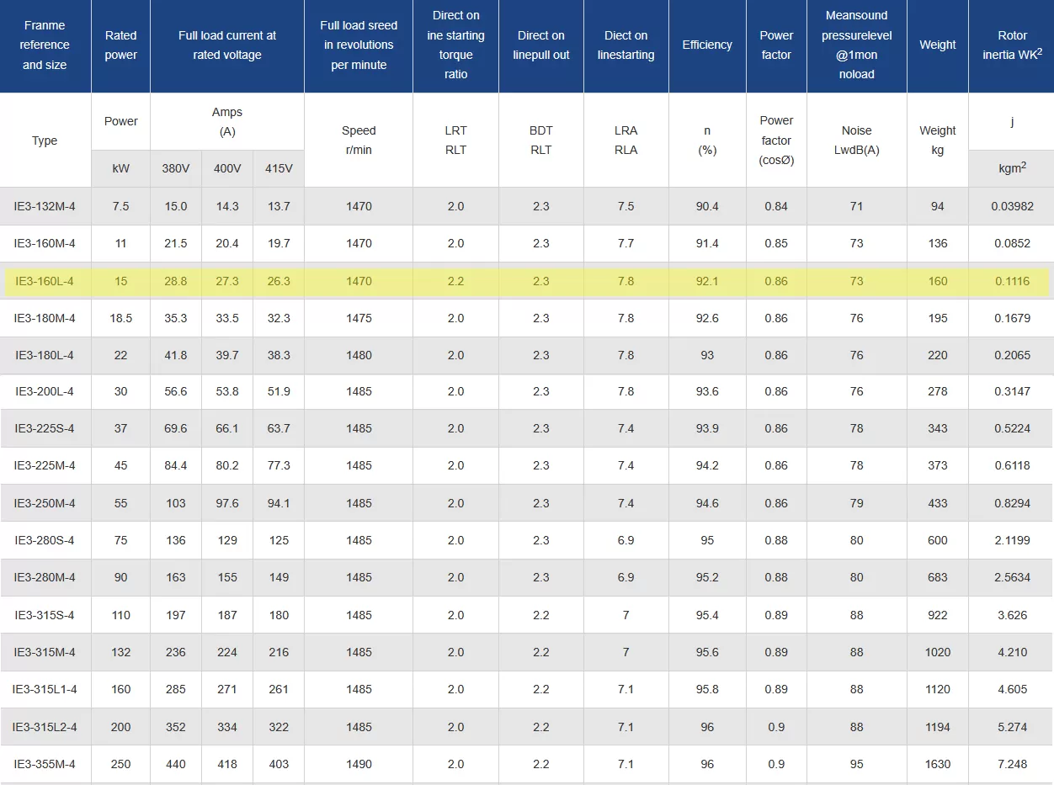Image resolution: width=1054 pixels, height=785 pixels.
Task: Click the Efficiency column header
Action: click(x=707, y=45)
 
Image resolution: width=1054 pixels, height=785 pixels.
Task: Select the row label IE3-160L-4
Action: click(x=45, y=281)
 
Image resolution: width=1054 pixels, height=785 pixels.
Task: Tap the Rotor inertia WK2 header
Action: click(x=1012, y=45)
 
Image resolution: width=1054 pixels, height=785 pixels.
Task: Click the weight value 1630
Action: click(x=937, y=764)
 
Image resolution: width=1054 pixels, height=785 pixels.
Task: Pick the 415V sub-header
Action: click(x=278, y=168)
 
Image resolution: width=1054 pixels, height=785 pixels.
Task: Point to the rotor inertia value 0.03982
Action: click(x=1012, y=206)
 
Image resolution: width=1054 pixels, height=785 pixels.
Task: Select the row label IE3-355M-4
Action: click(x=45, y=764)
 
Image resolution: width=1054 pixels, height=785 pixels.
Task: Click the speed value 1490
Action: click(x=359, y=764)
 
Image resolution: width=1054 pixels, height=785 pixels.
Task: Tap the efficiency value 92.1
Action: click(x=707, y=281)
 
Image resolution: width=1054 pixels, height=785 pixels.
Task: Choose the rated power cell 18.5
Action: click(x=120, y=318)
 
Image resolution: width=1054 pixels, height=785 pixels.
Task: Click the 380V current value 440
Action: click(x=175, y=764)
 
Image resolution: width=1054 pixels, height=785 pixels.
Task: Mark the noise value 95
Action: click(x=856, y=764)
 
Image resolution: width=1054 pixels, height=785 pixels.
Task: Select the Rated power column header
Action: click(x=120, y=45)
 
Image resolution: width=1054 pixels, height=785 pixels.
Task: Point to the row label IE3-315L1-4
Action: click(x=45, y=689)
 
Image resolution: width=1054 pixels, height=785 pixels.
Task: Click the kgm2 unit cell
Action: click(x=1012, y=168)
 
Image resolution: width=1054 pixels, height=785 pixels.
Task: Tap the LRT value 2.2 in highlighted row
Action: click(x=455, y=281)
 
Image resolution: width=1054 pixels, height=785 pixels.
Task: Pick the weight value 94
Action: click(x=937, y=206)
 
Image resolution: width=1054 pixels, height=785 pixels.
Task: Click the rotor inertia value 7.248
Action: click(x=1012, y=764)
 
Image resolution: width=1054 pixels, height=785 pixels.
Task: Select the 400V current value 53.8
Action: click(x=226, y=391)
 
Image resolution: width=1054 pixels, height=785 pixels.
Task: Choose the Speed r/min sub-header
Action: click(x=359, y=140)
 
